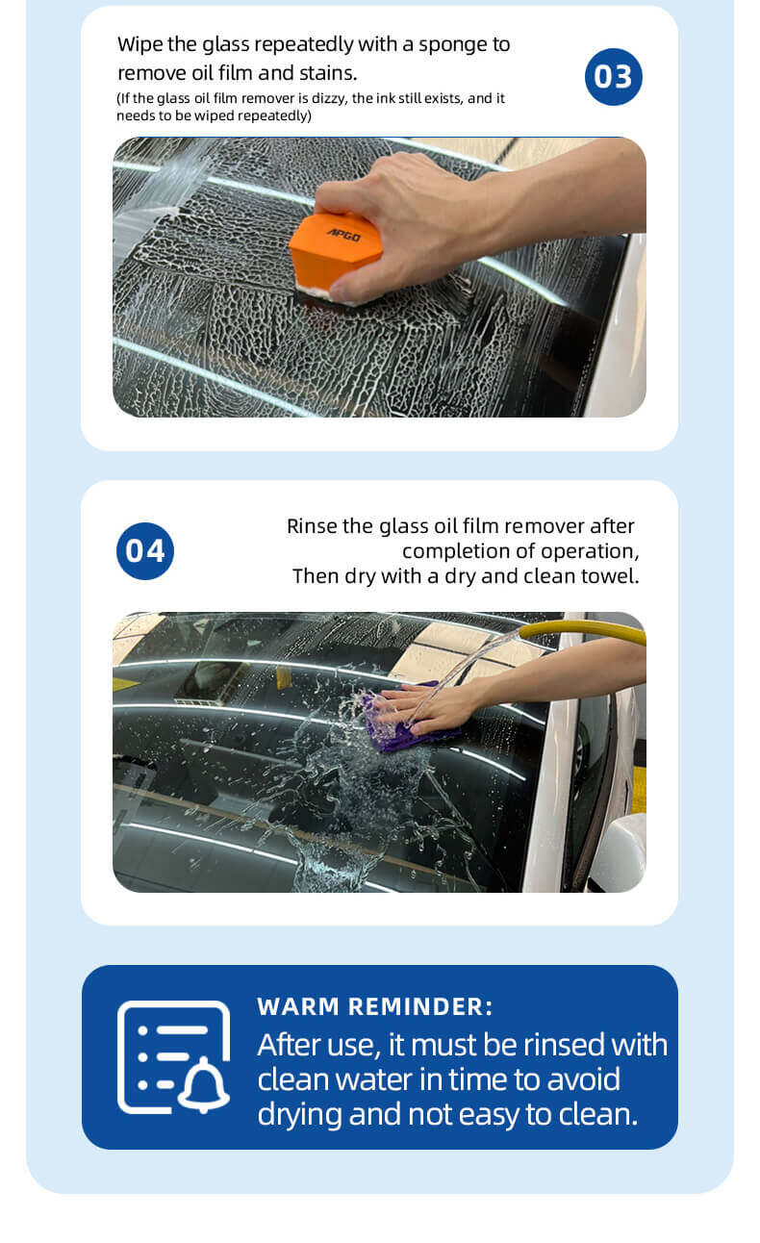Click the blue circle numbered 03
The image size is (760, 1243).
[x=613, y=77]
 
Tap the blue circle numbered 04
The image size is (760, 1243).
[x=145, y=551]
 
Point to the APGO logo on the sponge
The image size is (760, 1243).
[x=344, y=235]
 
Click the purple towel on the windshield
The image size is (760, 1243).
[x=405, y=719]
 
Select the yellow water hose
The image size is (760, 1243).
[x=582, y=630]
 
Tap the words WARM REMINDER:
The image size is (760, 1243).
[x=375, y=1007]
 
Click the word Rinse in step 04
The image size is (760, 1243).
[x=312, y=526]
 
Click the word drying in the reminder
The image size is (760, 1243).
[x=299, y=1115]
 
